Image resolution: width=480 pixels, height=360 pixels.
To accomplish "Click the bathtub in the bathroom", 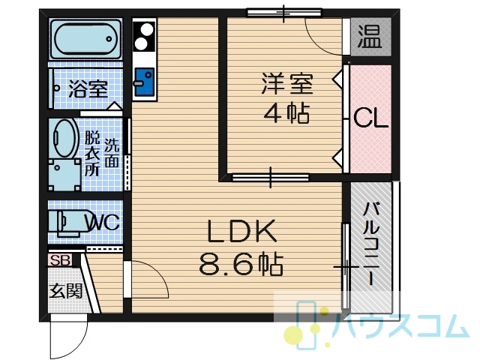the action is [85, 39].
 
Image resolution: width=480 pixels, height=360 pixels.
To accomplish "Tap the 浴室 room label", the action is [88, 88].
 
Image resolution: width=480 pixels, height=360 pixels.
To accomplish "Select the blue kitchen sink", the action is [145, 82].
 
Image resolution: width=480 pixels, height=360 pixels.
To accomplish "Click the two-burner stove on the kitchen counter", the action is [144, 35].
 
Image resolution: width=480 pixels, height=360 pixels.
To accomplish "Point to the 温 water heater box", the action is [370, 37].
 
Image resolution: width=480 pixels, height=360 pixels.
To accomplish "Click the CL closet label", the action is [370, 118].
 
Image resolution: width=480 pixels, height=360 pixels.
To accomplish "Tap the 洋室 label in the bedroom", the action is [287, 83].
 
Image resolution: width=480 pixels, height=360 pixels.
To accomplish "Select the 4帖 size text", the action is [286, 112].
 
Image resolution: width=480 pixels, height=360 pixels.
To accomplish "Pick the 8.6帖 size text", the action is [241, 263].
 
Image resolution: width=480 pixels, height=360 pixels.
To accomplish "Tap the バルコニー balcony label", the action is [371, 244].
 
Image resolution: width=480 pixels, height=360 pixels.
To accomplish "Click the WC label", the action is [103, 222].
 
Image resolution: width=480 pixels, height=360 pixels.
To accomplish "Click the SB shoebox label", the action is [60, 260].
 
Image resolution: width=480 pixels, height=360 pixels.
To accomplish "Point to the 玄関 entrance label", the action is [66, 291].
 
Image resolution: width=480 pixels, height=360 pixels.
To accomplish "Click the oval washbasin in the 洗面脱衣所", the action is [66, 138].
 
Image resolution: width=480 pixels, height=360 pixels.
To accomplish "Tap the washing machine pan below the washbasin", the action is [64, 175].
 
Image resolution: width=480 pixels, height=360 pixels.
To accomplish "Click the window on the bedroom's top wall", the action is [284, 13].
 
